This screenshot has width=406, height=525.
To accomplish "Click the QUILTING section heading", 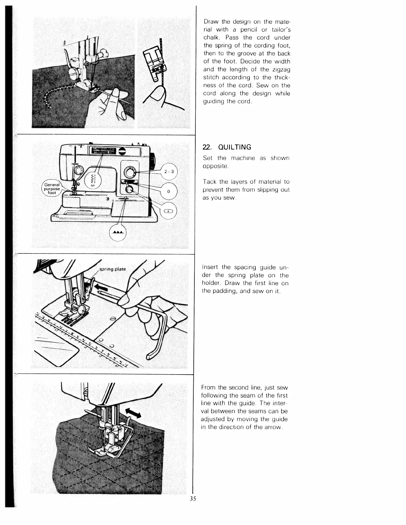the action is point(227,147).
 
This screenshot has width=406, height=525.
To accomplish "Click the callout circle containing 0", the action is point(169,192).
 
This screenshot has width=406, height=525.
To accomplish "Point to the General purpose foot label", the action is point(52,189).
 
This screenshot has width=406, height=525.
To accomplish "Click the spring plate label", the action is point(113,269).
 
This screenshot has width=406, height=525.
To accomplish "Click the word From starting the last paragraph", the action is point(208,388).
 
